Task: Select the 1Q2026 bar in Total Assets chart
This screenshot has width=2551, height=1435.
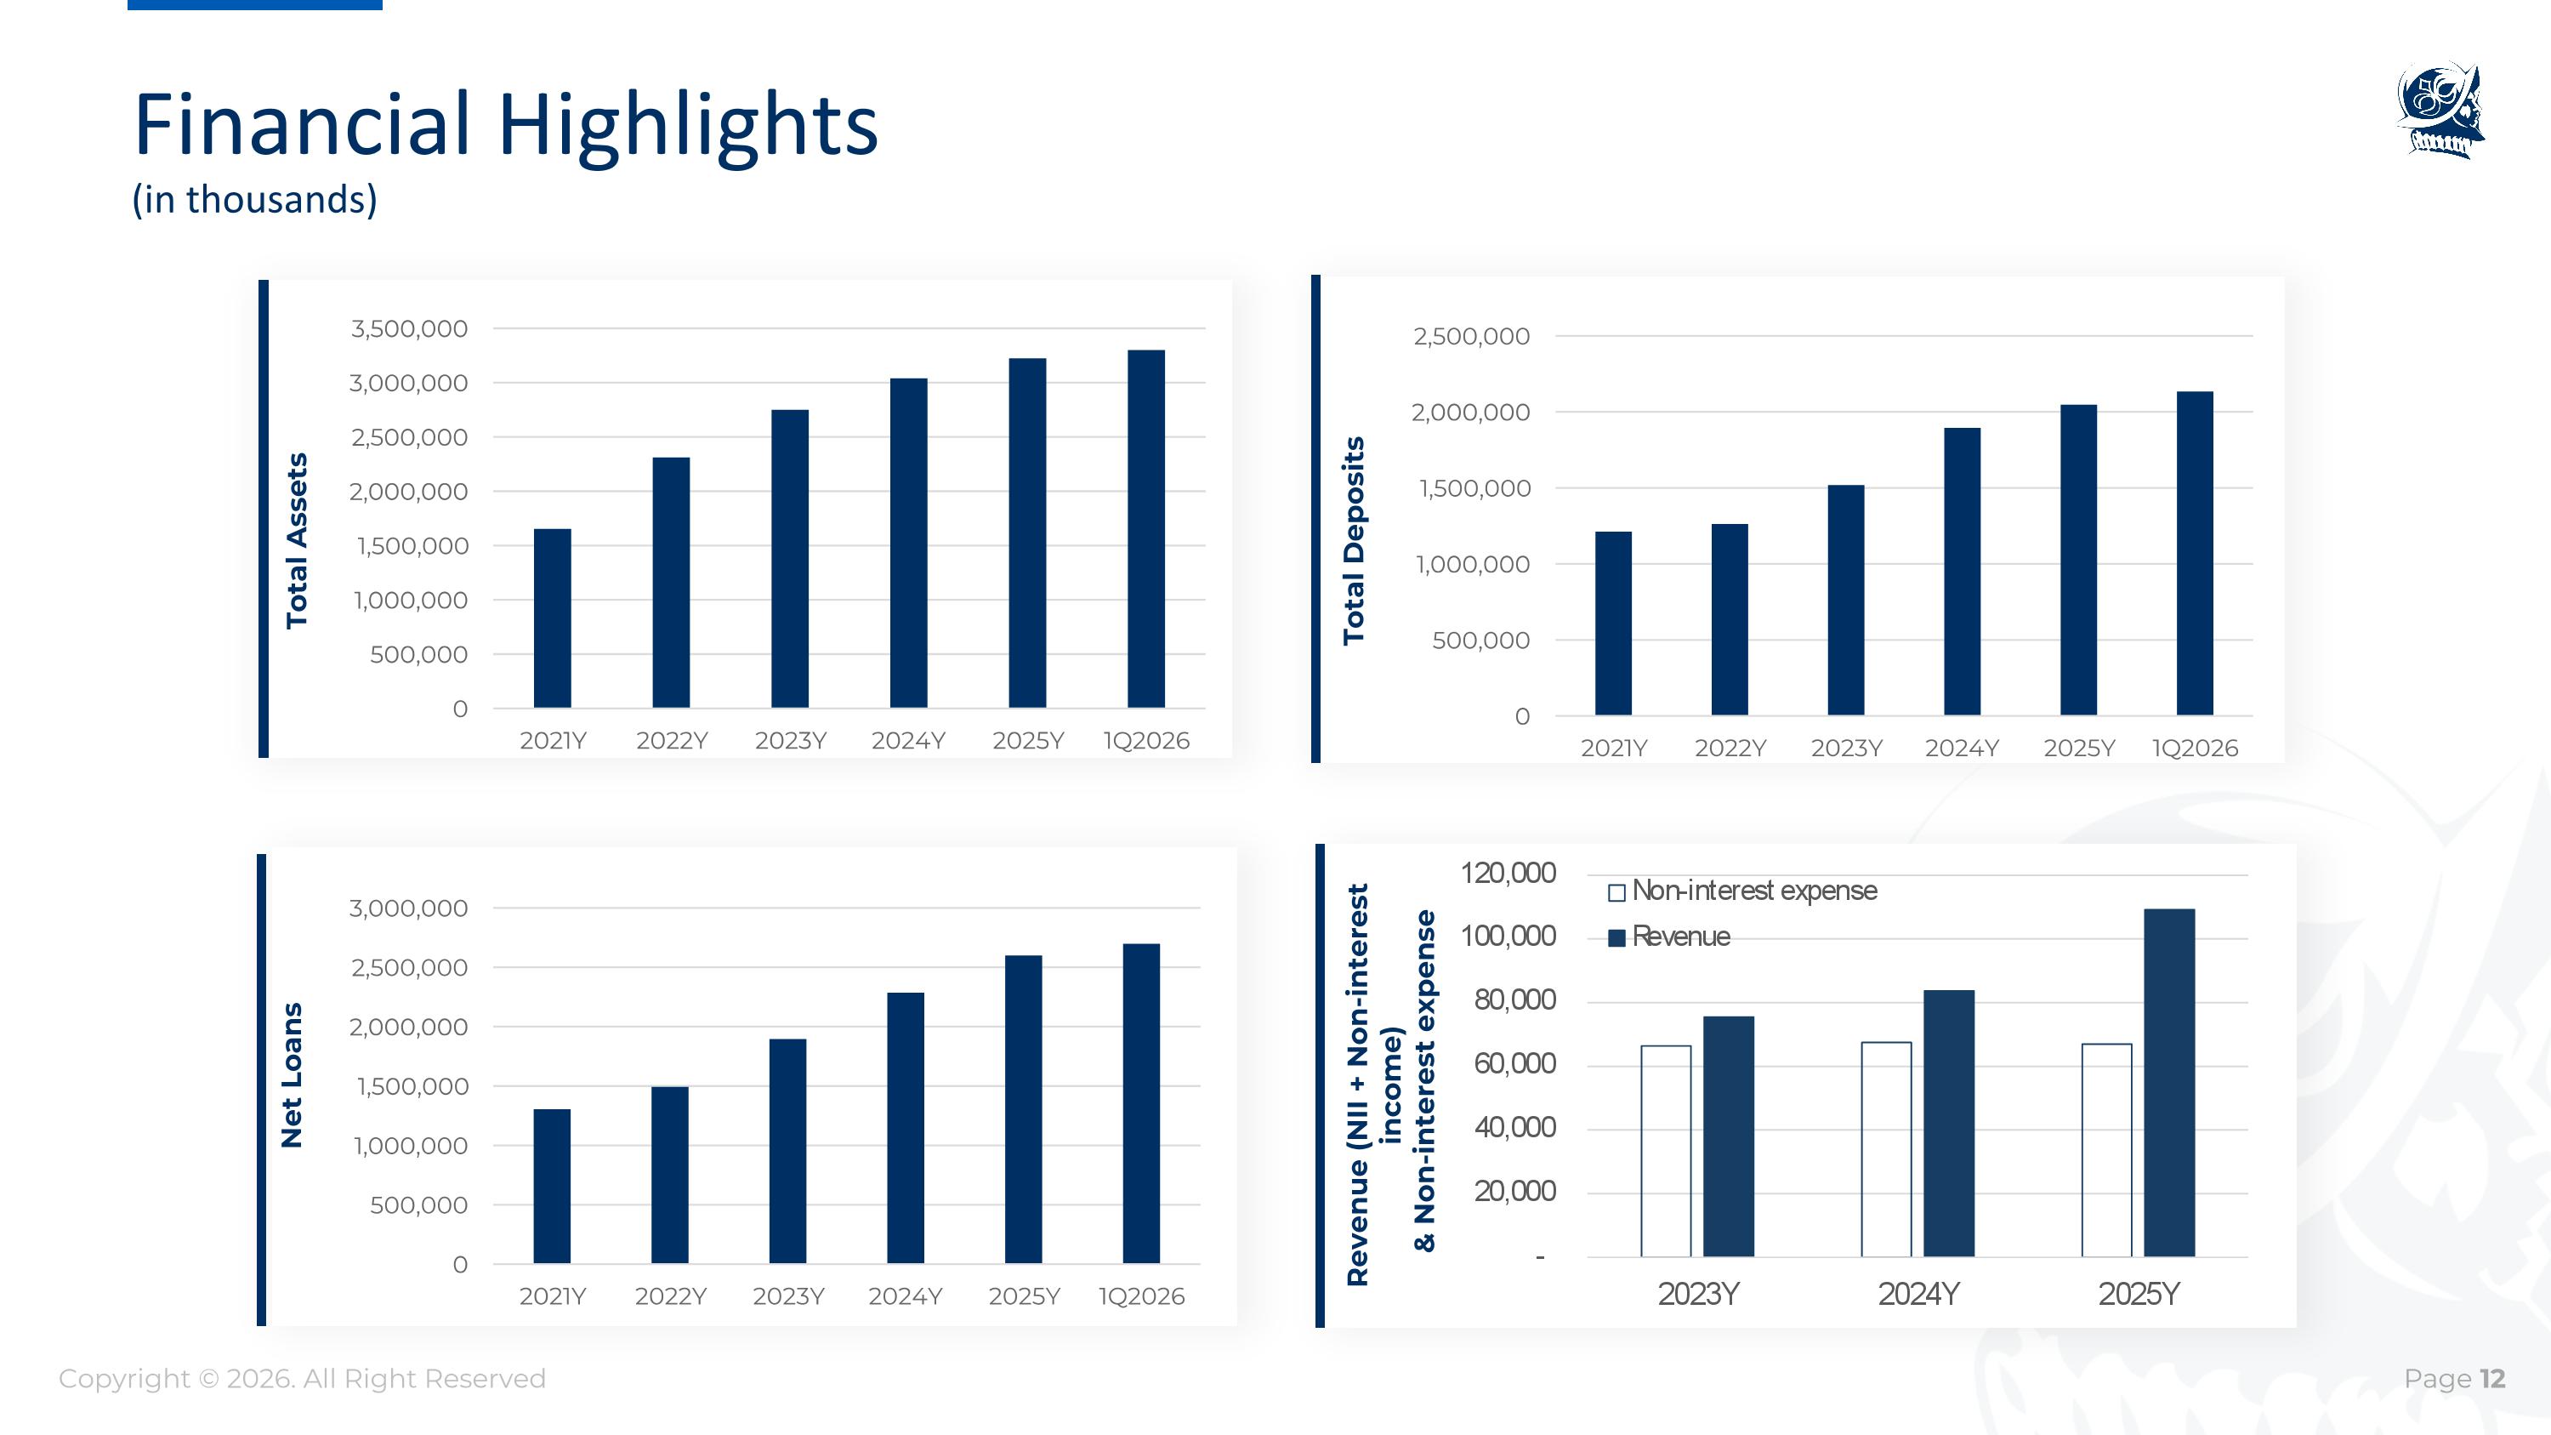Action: (1145, 529)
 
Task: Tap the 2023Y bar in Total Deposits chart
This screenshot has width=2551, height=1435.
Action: (1846, 601)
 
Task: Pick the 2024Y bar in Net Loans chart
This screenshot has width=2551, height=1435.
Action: (905, 1128)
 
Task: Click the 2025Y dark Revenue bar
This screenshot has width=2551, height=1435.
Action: (2168, 1083)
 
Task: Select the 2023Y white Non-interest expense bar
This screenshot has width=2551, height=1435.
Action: (1666, 1151)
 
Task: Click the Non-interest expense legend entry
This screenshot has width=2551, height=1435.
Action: (1743, 891)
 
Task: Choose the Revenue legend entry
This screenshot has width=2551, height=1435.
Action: (1670, 937)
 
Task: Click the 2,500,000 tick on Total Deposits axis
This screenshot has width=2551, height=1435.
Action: (1472, 337)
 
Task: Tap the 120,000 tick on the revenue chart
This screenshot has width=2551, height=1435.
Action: (1508, 874)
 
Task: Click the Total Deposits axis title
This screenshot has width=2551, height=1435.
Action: (1354, 541)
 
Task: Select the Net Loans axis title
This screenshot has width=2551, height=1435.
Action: (291, 1075)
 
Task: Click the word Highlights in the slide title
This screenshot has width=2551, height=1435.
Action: (687, 125)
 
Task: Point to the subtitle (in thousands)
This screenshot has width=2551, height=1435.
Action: (254, 199)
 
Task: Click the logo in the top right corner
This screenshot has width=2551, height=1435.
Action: (2442, 110)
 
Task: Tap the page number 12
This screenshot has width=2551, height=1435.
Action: (2492, 1379)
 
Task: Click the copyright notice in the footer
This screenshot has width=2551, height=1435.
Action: (302, 1379)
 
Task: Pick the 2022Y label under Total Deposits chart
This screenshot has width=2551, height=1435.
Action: (1730, 749)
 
